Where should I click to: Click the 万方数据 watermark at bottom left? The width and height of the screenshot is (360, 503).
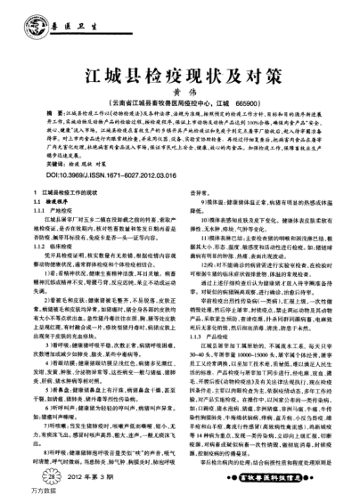pyautogui.click(x=16, y=495)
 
